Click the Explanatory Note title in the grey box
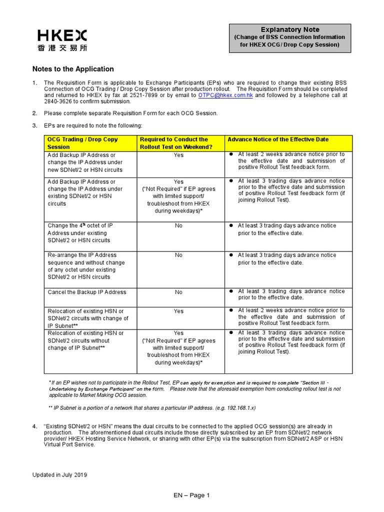pos(290,29)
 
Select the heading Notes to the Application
pos(73,69)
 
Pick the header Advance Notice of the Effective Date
pos(278,139)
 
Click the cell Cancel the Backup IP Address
pos(87,292)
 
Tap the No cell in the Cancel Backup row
pos(178,292)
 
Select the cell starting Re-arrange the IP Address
pos(86,265)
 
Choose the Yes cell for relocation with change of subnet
pos(178,311)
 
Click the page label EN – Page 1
pos(191,495)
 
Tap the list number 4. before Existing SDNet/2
pos(35,426)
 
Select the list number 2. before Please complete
pos(35,113)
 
